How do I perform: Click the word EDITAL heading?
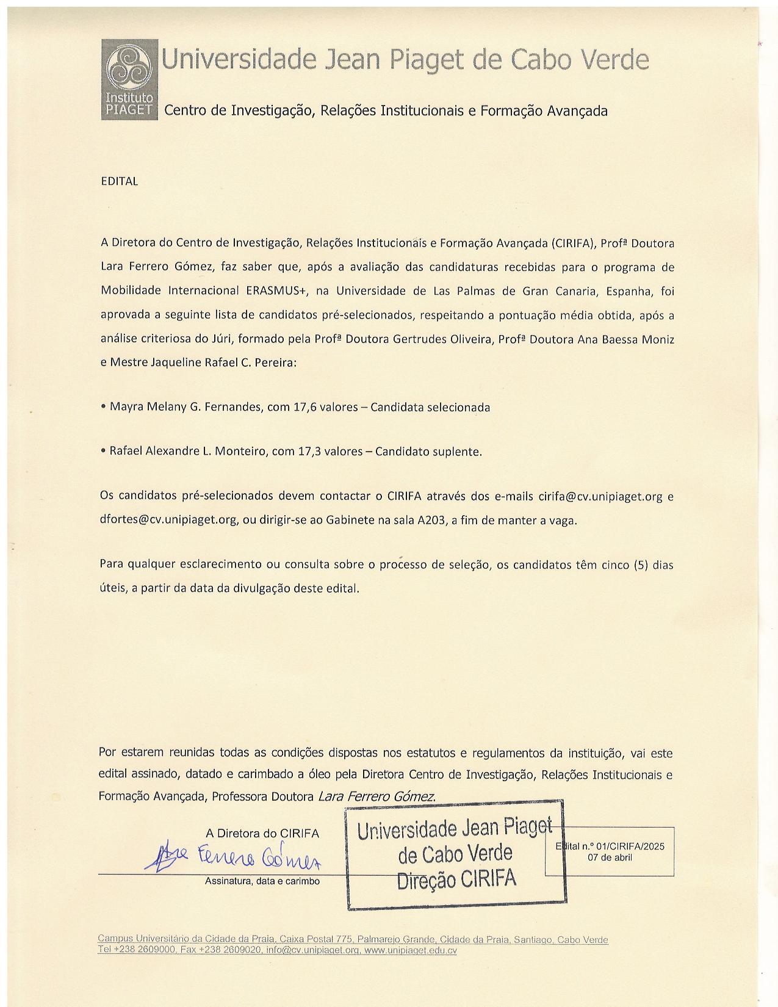[120, 182]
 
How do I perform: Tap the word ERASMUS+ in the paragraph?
[275, 291]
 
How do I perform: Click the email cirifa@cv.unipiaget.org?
[600, 496]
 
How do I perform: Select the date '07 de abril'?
[610, 857]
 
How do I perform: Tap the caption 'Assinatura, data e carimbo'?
[262, 881]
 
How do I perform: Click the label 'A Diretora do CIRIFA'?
[262, 833]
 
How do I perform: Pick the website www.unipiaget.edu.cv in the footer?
[410, 950]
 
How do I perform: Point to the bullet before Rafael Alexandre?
[103, 452]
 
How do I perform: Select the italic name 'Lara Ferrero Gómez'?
[376, 796]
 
